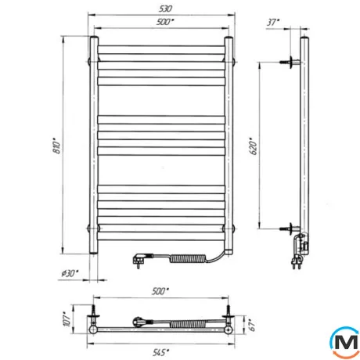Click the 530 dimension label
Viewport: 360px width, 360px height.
[165, 9]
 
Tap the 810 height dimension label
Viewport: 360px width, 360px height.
[56, 146]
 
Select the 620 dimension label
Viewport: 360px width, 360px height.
[254, 146]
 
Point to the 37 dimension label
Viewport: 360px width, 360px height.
[273, 22]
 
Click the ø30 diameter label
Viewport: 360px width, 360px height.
[70, 273]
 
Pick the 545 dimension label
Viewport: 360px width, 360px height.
[160, 353]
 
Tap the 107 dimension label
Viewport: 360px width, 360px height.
[67, 319]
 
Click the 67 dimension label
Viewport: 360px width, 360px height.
[252, 324]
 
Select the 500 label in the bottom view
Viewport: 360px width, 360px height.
[160, 291]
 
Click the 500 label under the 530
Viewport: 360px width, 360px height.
[165, 22]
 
